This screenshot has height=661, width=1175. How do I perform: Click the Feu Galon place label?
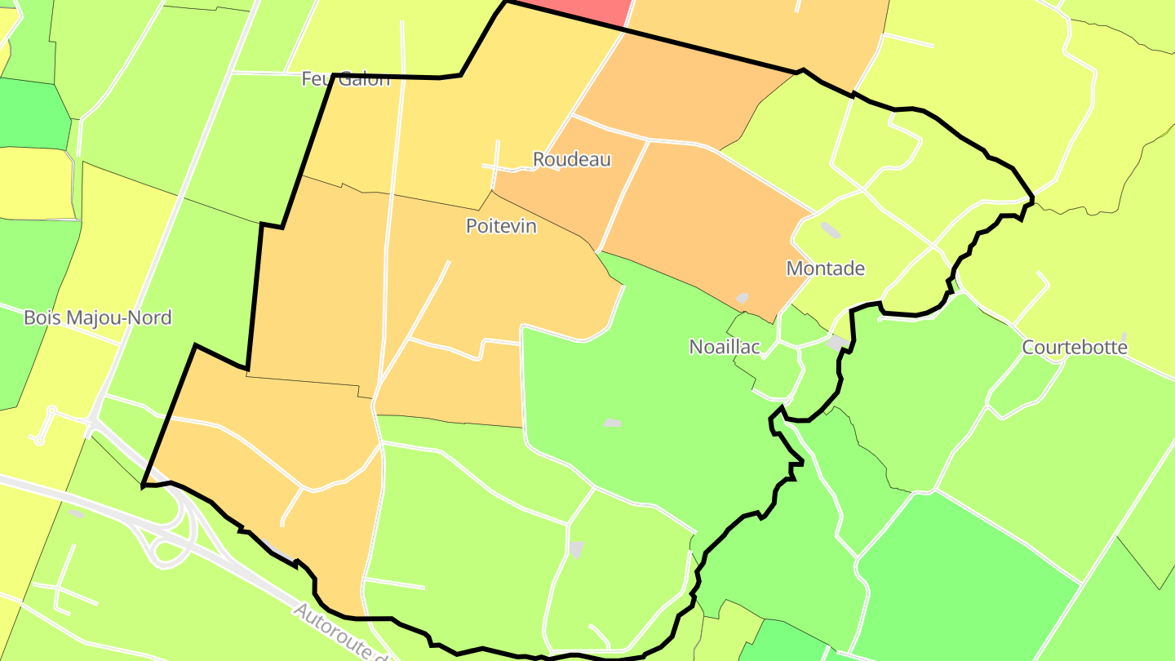tap(346, 79)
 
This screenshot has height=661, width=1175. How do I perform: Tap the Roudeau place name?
tap(572, 160)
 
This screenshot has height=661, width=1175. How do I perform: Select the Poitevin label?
tap(501, 226)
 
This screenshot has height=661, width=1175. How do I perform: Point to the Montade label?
tap(825, 268)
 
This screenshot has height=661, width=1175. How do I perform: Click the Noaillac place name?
tap(725, 347)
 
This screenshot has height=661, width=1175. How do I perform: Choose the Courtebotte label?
tap(1075, 348)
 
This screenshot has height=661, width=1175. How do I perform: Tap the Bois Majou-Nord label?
tap(98, 317)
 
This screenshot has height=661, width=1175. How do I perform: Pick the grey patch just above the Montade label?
tap(830, 230)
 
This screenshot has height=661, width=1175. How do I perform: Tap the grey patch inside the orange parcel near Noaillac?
tap(743, 299)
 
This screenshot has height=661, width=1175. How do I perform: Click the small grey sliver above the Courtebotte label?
tap(1124, 336)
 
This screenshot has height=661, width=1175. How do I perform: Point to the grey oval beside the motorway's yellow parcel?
tap(76, 513)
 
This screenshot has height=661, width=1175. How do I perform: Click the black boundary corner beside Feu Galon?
tap(333, 76)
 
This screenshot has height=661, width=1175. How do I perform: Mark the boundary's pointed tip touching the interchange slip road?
tap(143, 486)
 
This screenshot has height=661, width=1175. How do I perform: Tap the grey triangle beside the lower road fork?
tap(577, 549)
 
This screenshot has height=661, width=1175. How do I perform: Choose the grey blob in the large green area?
tap(612, 424)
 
